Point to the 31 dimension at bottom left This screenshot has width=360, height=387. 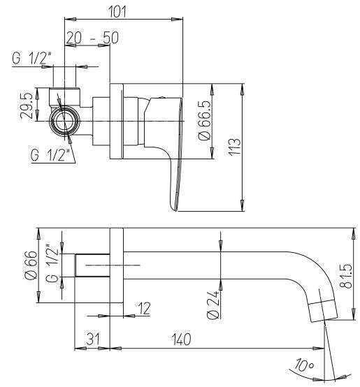click(x=91, y=338)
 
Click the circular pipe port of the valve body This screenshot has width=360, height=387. click(x=65, y=120)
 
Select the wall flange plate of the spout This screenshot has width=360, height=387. click(x=117, y=265)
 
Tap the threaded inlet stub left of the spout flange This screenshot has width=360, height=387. click(x=92, y=265)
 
